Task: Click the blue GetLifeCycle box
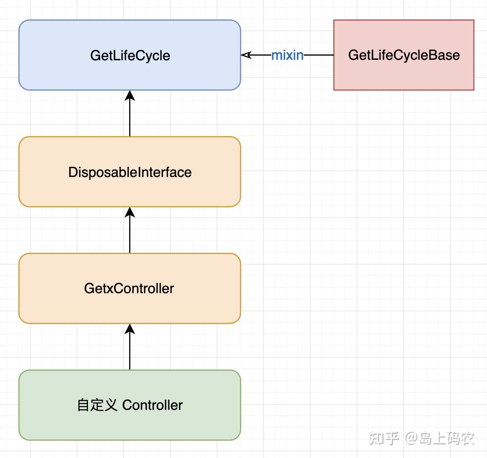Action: (130, 55)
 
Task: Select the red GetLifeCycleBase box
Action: (403, 55)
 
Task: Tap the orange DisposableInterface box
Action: (130, 172)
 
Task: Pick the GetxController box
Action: (130, 288)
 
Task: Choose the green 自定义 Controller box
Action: (130, 405)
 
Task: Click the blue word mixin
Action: (287, 55)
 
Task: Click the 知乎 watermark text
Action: (384, 438)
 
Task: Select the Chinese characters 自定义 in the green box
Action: (97, 405)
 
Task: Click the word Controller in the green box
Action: (153, 405)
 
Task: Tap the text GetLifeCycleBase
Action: (403, 55)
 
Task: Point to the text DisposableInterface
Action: (130, 172)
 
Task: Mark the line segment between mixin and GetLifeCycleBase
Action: (319, 55)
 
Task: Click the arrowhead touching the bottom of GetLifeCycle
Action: (130, 95)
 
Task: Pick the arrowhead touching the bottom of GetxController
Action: (130, 329)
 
